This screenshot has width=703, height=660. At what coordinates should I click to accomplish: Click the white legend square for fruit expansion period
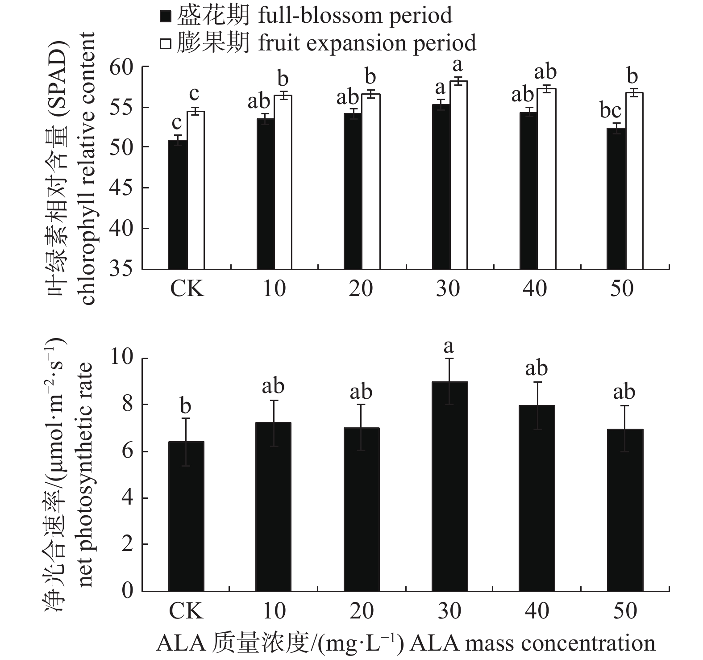pyautogui.click(x=166, y=44)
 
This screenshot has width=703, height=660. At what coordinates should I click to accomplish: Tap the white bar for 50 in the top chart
pyautogui.click(x=634, y=180)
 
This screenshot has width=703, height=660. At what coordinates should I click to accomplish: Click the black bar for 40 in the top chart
pyautogui.click(x=528, y=191)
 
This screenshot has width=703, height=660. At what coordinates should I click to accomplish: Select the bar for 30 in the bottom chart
pyautogui.click(x=449, y=486)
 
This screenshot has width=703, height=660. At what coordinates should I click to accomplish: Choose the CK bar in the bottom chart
pyautogui.click(x=186, y=516)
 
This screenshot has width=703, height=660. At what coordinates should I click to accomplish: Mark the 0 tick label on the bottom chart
pyautogui.click(x=128, y=591)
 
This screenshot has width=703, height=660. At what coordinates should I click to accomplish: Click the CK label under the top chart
pyautogui.click(x=187, y=289)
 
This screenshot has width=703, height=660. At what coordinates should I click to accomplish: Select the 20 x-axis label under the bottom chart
pyautogui.click(x=362, y=610)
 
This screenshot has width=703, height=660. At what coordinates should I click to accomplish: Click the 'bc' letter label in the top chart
pyautogui.click(x=610, y=110)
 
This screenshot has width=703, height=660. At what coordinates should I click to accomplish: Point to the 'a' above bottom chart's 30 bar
pyautogui.click(x=449, y=347)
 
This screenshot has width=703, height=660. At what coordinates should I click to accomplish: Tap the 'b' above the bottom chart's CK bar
pyautogui.click(x=185, y=406)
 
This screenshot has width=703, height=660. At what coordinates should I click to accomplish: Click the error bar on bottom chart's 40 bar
pyautogui.click(x=537, y=405)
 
